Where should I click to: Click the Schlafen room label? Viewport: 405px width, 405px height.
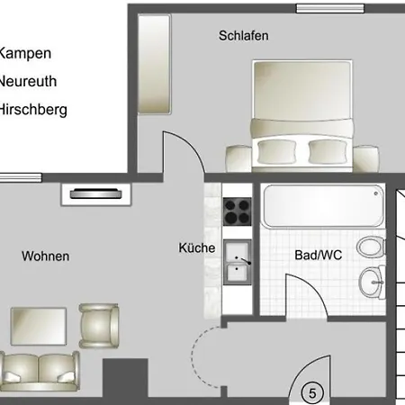click(244, 36)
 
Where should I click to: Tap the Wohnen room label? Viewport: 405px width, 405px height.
click(46, 256)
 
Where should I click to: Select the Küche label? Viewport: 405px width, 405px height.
click(197, 247)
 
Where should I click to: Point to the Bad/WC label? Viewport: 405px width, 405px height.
click(319, 255)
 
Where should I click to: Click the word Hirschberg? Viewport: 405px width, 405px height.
click(33, 110)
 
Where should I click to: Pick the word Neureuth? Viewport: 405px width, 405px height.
click(28, 81)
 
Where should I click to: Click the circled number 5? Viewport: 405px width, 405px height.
click(312, 393)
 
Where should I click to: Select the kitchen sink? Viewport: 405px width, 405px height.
click(238, 262)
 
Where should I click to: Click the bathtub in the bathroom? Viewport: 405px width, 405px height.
click(323, 206)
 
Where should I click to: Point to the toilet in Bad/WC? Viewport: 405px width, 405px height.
click(371, 247)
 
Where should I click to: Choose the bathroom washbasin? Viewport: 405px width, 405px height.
click(372, 283)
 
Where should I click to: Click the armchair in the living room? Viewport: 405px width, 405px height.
click(99, 326)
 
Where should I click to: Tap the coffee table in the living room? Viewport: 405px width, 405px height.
click(39, 327)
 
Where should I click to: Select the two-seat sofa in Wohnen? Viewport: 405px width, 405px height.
click(40, 372)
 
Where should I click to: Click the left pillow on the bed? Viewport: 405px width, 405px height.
click(276, 151)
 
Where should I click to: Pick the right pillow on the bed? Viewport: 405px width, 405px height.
click(328, 151)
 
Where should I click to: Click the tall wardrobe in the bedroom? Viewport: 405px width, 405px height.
click(155, 64)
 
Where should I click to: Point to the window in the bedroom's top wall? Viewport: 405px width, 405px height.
click(330, 8)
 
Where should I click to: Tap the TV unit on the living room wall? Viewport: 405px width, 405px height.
click(96, 194)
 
